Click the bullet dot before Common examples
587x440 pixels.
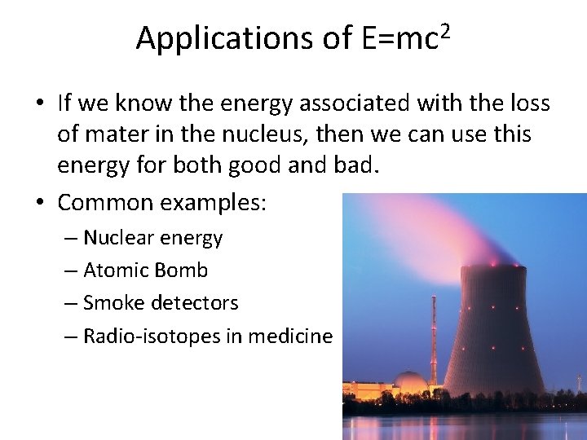(x=40, y=201)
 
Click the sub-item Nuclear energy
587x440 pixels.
(x=152, y=238)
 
